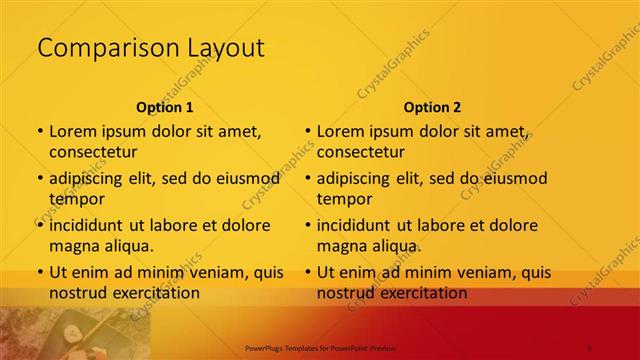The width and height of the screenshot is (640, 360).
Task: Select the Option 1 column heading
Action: click(164, 107)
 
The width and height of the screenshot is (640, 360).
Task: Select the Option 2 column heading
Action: click(432, 107)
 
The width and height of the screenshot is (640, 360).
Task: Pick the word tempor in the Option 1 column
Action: click(76, 199)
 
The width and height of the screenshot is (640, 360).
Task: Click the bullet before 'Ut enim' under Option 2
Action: click(306, 272)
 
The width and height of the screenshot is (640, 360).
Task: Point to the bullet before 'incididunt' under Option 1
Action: click(38, 225)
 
